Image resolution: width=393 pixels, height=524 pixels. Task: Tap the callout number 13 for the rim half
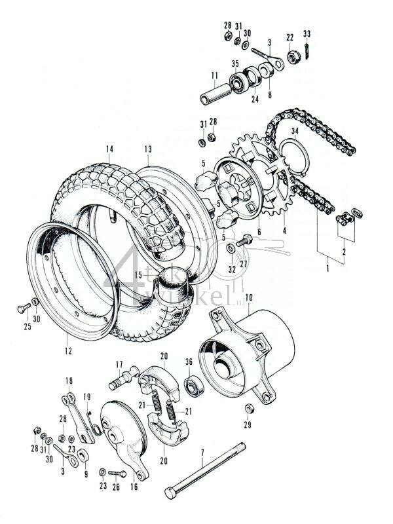pyautogui.click(x=148, y=149)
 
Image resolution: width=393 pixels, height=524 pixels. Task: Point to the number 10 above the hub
pyautogui.click(x=248, y=297)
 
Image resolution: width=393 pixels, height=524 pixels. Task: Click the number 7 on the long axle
pyautogui.click(x=202, y=452)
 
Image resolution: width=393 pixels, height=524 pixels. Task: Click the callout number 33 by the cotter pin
pyautogui.click(x=307, y=33)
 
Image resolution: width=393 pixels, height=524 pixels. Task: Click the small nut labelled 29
pyautogui.click(x=250, y=409)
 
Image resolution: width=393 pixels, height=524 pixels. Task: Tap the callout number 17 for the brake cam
pyautogui.click(x=119, y=365)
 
